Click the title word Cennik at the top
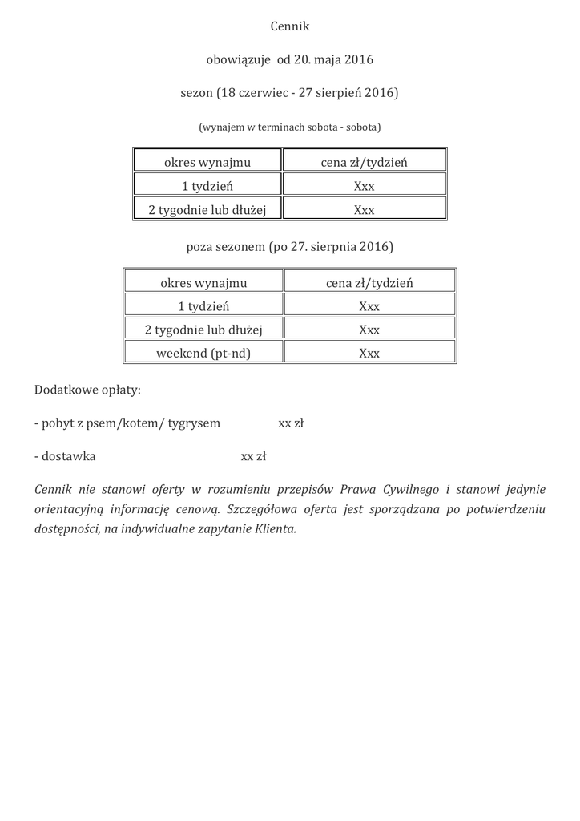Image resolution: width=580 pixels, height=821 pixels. click(x=289, y=26)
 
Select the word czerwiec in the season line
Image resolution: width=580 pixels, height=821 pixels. click(x=262, y=93)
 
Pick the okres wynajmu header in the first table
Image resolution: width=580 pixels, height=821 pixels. click(x=207, y=162)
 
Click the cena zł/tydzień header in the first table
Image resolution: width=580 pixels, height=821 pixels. click(x=365, y=162)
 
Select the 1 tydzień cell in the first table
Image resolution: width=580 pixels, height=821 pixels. click(x=207, y=186)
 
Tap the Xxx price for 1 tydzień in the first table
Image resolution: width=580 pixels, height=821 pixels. click(x=365, y=186)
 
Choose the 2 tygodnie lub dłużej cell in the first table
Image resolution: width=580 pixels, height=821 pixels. click(x=207, y=210)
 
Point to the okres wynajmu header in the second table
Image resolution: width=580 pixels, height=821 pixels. click(x=203, y=282)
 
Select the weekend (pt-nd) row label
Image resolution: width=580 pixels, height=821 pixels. click(x=203, y=353)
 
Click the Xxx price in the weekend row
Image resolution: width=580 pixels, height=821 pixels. click(x=369, y=353)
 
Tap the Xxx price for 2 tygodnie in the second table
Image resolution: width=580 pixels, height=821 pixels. click(x=369, y=330)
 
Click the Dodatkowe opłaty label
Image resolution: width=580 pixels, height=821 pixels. click(x=87, y=390)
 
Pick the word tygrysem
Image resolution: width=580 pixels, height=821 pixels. click(x=195, y=423)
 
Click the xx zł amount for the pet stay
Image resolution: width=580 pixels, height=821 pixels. click(x=291, y=423)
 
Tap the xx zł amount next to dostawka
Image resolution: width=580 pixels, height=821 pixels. click(x=253, y=457)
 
